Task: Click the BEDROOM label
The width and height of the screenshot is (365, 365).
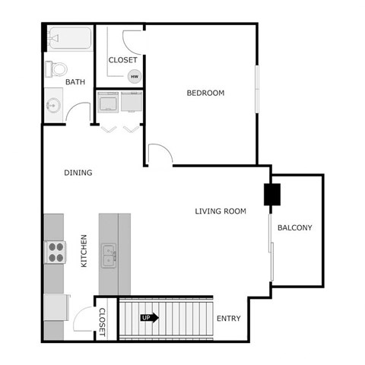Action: point(205,94)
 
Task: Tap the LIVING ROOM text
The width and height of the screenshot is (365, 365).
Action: point(221,211)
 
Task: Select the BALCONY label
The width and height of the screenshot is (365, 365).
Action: point(294,227)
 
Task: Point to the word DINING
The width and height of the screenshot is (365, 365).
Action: point(78,173)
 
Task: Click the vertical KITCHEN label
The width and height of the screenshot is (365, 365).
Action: point(84,250)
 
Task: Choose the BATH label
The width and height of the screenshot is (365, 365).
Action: point(75,82)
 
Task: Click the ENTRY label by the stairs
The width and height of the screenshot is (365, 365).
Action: point(228,318)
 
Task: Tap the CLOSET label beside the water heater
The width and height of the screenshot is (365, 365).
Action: point(122,60)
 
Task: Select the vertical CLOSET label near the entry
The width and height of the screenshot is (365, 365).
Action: point(103,322)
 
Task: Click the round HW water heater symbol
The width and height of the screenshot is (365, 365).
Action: point(135,76)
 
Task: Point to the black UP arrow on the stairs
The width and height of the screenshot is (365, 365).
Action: point(149,318)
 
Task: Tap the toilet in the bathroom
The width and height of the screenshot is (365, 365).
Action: point(54,69)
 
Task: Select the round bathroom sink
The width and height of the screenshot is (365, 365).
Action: point(53,105)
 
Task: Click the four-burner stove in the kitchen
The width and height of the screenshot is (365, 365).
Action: point(56,252)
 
